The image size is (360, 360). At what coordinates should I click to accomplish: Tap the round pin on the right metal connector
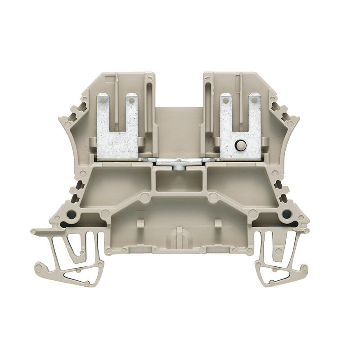coord(240,145)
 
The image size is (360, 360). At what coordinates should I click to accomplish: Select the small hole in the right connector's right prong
coord(256,101)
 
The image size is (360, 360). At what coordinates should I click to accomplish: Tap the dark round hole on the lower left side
coord(72,215)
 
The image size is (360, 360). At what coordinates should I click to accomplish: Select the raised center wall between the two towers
coord(180,130)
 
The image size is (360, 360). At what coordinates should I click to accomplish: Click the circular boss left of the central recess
coord(144,197)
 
